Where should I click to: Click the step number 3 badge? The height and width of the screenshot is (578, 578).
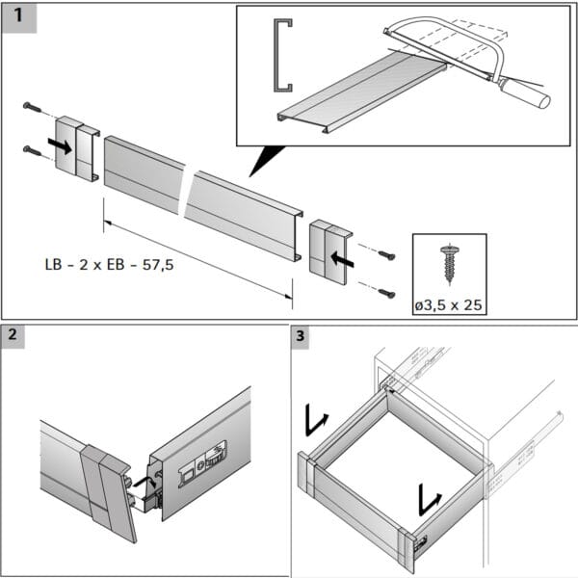click(301, 336)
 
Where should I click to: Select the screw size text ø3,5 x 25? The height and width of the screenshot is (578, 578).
click(448, 305)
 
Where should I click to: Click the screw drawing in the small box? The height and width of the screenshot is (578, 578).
click(448, 261)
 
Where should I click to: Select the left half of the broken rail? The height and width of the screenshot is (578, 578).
click(143, 173)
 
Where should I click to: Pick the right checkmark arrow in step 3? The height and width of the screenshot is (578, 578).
click(430, 499)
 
